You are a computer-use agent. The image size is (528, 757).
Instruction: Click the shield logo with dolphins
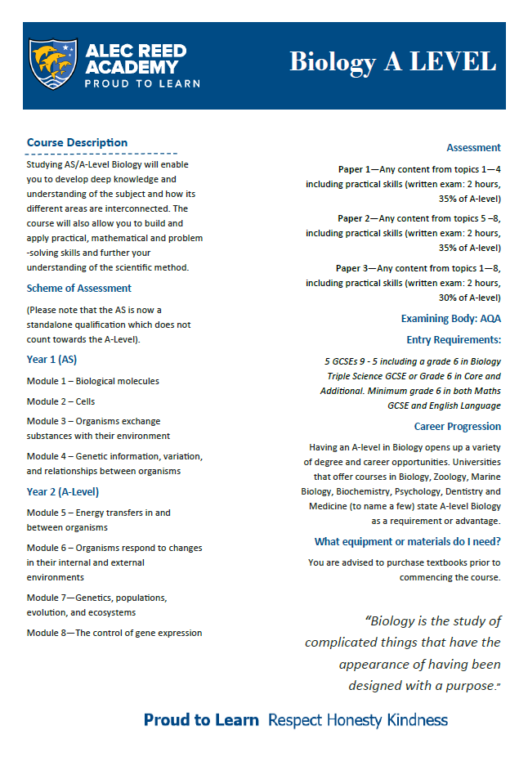[x=54, y=65]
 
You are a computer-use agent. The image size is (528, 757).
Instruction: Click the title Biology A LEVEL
[x=392, y=62]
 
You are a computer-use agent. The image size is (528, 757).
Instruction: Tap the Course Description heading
[x=77, y=142]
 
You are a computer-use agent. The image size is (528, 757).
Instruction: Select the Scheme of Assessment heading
[x=78, y=288]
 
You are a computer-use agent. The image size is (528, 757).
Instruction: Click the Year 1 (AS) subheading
[x=51, y=359]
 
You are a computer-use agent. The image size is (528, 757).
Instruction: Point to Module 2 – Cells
[x=61, y=401]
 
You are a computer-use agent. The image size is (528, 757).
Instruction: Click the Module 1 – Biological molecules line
[x=92, y=381]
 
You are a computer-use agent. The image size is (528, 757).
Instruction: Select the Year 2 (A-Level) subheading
[x=62, y=492]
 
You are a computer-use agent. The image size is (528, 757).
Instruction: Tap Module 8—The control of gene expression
[x=114, y=633]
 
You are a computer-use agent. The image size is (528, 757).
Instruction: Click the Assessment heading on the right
[x=473, y=148]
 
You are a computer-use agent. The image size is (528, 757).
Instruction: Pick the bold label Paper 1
[x=354, y=169]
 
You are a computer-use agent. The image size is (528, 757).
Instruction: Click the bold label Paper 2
[x=354, y=218]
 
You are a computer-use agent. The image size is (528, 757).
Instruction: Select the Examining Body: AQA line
[x=450, y=318]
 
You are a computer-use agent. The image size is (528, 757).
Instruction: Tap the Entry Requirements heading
[x=454, y=339]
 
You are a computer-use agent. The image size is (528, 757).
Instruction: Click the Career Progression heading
[x=457, y=427]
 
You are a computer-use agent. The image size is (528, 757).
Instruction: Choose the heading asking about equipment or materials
[x=407, y=542]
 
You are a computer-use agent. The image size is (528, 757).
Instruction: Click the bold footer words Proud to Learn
[x=201, y=720]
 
